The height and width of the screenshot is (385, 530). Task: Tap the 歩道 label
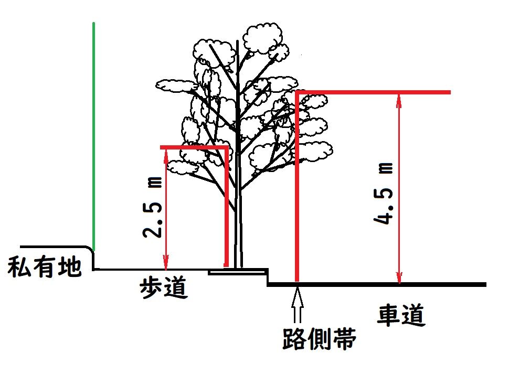[x=163, y=288]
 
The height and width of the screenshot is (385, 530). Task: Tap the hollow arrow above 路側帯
[x=298, y=305]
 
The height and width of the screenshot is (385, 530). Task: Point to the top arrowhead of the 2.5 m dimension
[x=166, y=153]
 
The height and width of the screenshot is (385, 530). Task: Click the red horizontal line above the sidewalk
[x=194, y=147]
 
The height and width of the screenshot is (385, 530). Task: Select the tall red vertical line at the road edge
[x=296, y=189]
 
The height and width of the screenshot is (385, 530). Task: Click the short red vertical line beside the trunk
[x=227, y=210]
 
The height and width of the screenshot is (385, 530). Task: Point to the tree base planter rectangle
[x=236, y=272]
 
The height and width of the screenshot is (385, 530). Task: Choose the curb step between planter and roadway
[x=268, y=278]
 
